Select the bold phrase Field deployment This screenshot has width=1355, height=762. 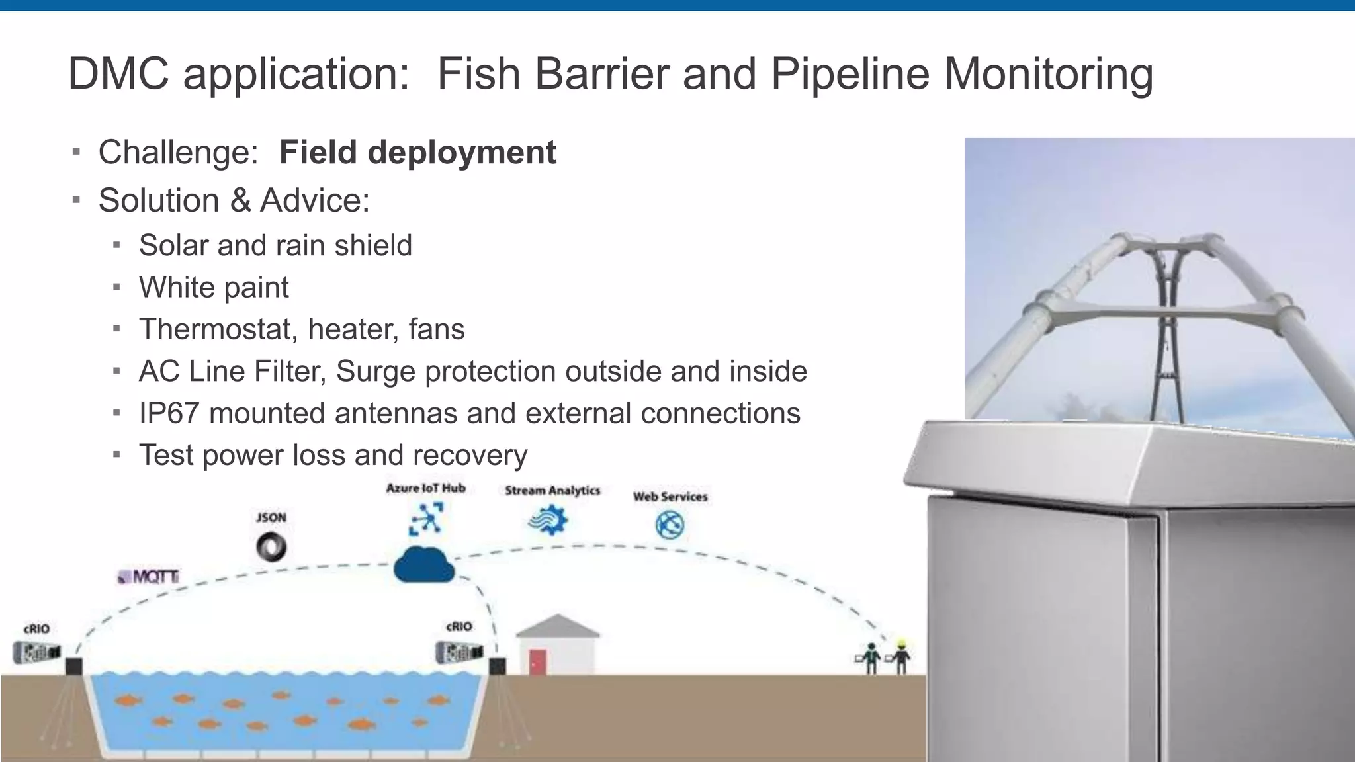tap(417, 152)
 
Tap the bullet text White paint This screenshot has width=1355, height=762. tap(214, 288)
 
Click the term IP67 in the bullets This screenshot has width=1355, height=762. tap(169, 413)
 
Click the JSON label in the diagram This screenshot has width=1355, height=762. tap(271, 517)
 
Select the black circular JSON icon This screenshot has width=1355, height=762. tap(271, 547)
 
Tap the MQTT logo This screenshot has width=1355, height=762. tap(150, 577)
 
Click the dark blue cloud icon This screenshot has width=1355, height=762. tap(423, 566)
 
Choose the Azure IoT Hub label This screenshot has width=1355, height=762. tap(426, 488)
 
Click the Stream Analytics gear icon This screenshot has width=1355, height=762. tap(548, 521)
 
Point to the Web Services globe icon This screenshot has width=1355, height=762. tap(670, 525)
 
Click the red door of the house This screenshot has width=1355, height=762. tap(538, 661)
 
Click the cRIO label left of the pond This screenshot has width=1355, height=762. tap(36, 629)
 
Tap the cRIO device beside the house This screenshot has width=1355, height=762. tap(459, 652)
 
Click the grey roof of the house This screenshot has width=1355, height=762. tap(557, 626)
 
